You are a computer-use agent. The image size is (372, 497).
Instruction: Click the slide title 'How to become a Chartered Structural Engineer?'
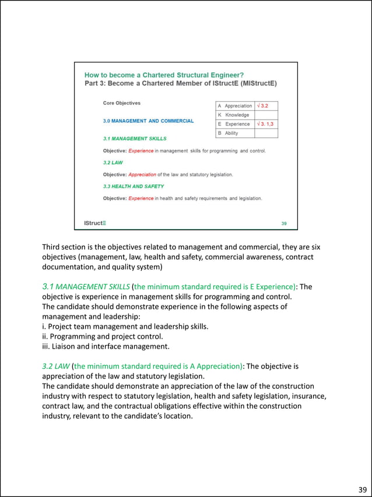tap(164, 75)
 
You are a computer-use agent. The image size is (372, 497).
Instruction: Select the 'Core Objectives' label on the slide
tap(121, 103)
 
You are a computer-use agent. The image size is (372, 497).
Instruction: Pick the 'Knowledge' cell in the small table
tap(237, 115)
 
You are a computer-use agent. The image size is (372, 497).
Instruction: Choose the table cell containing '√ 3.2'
tap(265, 106)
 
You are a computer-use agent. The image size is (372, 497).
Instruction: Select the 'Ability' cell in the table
tap(231, 133)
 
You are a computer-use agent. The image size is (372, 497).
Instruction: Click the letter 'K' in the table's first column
tap(219, 115)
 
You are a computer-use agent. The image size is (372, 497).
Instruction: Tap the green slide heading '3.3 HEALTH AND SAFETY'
tap(133, 186)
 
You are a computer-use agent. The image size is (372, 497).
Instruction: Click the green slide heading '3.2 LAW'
tap(113, 163)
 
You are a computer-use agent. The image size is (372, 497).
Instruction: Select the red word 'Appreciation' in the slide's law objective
tap(142, 175)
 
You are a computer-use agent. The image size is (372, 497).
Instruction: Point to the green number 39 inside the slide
tap(284, 223)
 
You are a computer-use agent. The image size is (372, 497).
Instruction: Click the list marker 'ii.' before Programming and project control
tap(46, 336)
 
